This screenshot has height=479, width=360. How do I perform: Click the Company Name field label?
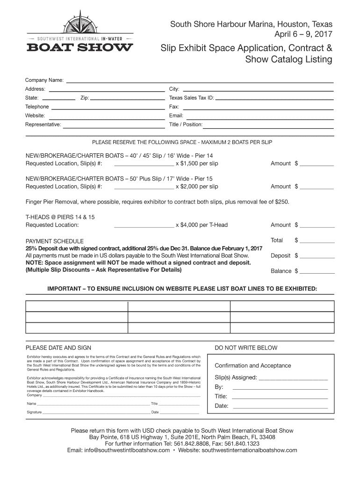point(44,80)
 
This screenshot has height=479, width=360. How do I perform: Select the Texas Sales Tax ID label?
point(191,98)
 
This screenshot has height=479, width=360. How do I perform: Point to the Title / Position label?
point(186,125)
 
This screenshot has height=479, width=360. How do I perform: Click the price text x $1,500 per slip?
point(197,164)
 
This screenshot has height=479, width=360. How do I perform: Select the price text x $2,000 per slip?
point(197,187)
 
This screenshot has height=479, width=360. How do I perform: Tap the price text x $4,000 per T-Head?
point(202,225)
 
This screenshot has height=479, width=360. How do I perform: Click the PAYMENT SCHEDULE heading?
point(55,241)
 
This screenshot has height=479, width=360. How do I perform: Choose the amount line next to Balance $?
point(317,272)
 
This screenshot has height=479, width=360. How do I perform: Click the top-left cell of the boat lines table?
point(76,306)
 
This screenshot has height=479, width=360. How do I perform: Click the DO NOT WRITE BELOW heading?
point(246,348)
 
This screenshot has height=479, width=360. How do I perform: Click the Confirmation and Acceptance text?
point(252,366)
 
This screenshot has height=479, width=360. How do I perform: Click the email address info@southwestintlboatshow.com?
point(118,450)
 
